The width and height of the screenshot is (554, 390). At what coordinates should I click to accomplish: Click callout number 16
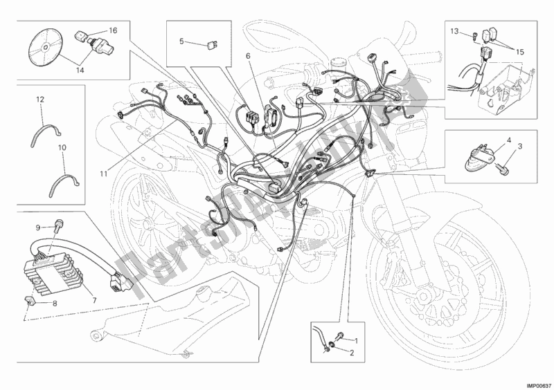(x=113, y=31)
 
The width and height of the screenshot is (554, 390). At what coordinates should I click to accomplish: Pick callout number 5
(x=182, y=41)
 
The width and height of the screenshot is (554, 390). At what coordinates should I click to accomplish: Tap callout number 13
(x=454, y=31)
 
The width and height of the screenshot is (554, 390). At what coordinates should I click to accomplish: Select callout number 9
(x=39, y=227)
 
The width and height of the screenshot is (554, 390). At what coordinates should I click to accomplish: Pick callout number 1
(x=357, y=340)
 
